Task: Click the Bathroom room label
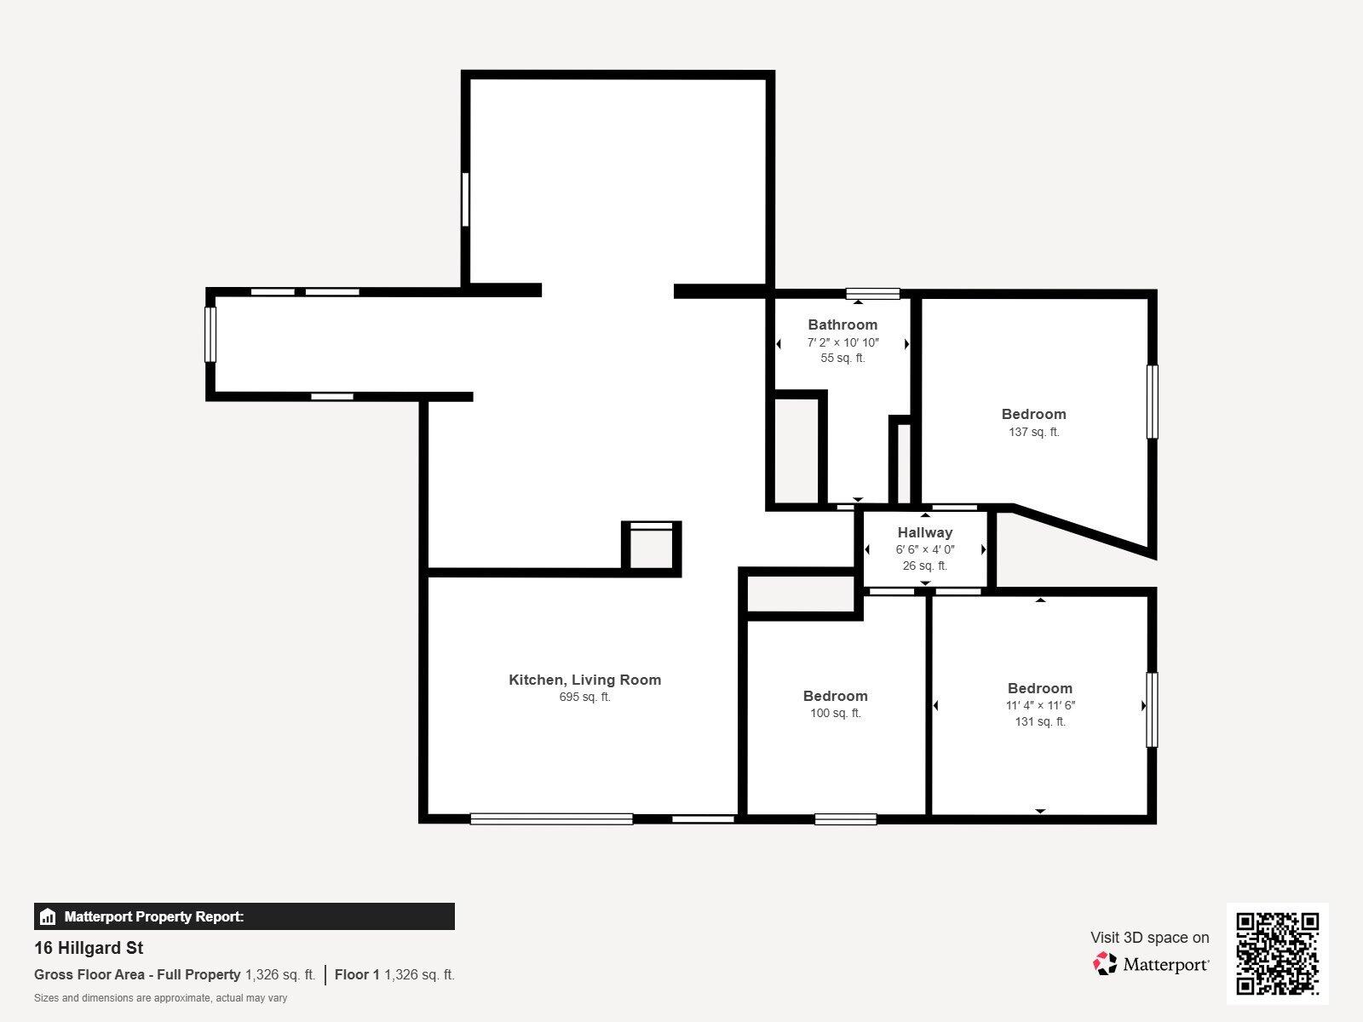[x=842, y=324]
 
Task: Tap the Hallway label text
[x=924, y=532]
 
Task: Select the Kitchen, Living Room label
[x=584, y=680]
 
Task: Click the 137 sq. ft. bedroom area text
[x=1033, y=432]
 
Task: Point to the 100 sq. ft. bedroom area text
[x=835, y=713]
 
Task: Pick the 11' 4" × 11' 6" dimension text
[x=1039, y=705]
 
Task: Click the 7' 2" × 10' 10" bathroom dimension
[x=842, y=342]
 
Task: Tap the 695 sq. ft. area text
[x=584, y=697]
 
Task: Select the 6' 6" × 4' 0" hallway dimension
[x=924, y=549]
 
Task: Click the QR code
[x=1277, y=953]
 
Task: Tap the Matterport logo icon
[x=1105, y=964]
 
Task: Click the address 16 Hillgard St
[x=89, y=948]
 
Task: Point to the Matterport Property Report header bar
[x=244, y=916]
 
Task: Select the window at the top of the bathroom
[x=872, y=294]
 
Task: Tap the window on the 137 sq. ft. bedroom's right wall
[x=1152, y=402]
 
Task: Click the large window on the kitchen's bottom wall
[x=551, y=818]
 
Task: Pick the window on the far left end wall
[x=210, y=334]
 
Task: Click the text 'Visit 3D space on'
[x=1149, y=938]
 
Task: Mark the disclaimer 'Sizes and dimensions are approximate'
[x=160, y=998]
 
